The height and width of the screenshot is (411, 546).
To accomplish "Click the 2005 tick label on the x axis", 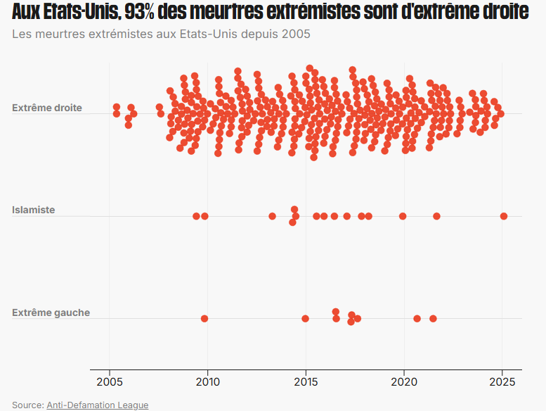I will tap(110, 383).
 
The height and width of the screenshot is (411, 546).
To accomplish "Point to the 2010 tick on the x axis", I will tap(208, 383).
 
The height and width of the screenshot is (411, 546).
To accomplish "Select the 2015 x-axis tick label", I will tap(306, 383).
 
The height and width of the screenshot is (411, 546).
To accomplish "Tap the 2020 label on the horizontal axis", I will tap(404, 383).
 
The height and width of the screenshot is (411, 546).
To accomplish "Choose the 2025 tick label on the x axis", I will tap(502, 383).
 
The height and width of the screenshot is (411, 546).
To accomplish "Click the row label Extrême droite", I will tap(47, 108).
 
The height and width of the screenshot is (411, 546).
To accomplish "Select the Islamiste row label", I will tap(33, 210).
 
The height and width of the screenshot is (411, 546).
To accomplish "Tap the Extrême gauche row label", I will tap(51, 312).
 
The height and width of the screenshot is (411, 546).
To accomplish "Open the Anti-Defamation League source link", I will tap(98, 405).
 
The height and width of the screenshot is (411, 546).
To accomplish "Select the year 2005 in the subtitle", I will tap(296, 34).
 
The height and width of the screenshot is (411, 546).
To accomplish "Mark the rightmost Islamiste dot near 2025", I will tap(504, 216).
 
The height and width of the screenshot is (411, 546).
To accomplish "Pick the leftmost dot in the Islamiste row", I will tap(197, 216).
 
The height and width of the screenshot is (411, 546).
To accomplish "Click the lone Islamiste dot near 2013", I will tap(272, 216).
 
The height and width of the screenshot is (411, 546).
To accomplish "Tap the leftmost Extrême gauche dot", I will tap(204, 318).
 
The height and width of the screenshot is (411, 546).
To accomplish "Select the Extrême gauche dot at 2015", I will tap(305, 318).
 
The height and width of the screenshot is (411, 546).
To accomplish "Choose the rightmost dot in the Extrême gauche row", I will tap(433, 318).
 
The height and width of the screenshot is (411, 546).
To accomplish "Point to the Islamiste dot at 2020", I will tap(403, 216).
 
